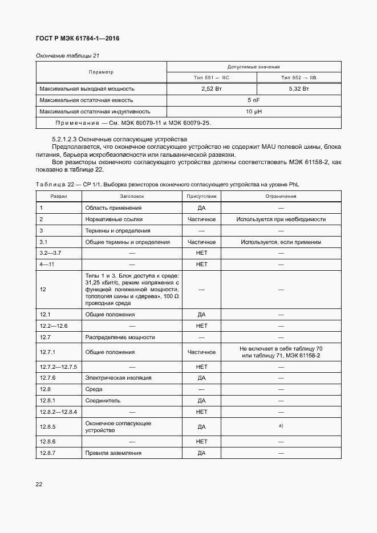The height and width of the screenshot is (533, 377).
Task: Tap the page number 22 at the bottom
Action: pyautogui.click(x=39, y=484)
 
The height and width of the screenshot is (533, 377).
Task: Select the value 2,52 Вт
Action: pyautogui.click(x=212, y=89)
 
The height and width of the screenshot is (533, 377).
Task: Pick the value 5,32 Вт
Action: pyautogui.click(x=299, y=89)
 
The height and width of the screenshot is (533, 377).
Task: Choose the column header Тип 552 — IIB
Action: pyautogui.click(x=299, y=78)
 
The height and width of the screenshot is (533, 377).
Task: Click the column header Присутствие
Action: pyautogui.click(x=201, y=196)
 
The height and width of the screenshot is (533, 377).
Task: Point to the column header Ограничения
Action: pyautogui.click(x=281, y=196)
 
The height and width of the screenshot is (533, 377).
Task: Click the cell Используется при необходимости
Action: pyautogui.click(x=281, y=219)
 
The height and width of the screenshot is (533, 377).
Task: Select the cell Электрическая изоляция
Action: pyautogui.click(x=118, y=377)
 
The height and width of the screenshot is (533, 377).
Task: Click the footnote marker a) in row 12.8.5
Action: pyautogui.click(x=281, y=425)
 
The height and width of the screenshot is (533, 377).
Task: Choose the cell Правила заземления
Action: pyautogui.click(x=113, y=453)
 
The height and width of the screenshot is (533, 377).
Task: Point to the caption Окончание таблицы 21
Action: pyautogui.click(x=68, y=55)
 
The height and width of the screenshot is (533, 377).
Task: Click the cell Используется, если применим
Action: pyautogui.click(x=281, y=242)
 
